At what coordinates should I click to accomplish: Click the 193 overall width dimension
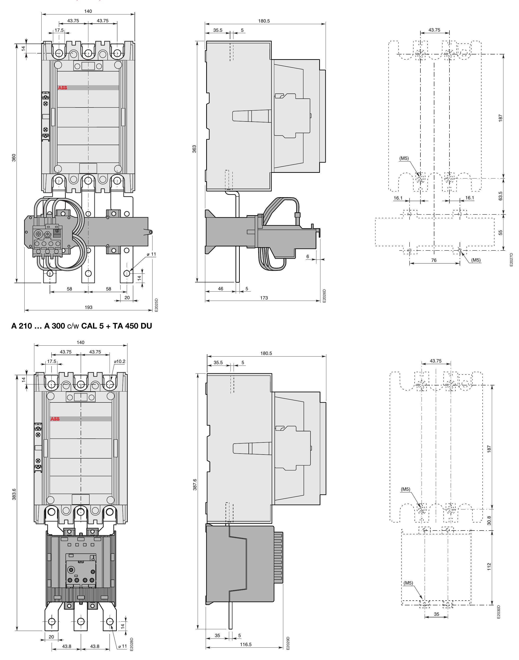click(x=88, y=307)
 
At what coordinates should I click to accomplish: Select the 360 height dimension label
click(x=14, y=158)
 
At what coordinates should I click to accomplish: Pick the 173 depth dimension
click(x=264, y=298)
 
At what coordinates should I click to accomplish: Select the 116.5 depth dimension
click(x=245, y=644)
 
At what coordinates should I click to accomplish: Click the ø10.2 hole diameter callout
click(x=119, y=361)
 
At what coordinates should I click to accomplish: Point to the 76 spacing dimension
click(x=434, y=260)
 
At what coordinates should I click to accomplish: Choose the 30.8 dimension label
click(x=489, y=520)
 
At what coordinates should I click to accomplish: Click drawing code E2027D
click(x=511, y=260)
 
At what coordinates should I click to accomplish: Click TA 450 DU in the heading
click(x=132, y=326)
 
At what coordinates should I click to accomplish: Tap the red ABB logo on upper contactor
click(x=63, y=88)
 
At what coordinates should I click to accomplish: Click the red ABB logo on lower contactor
click(x=55, y=419)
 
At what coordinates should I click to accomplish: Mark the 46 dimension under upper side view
click(x=221, y=288)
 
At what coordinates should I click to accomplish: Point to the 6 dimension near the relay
click(x=308, y=256)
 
